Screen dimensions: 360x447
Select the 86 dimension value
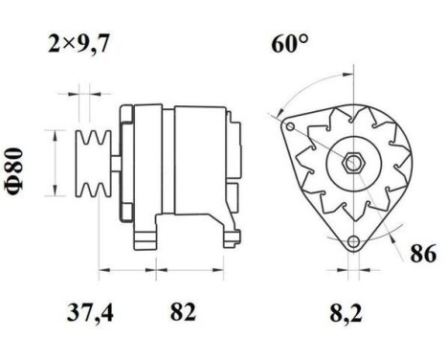(422, 255)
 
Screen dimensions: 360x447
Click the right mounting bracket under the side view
(229, 236)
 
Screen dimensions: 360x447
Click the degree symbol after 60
(303, 40)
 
